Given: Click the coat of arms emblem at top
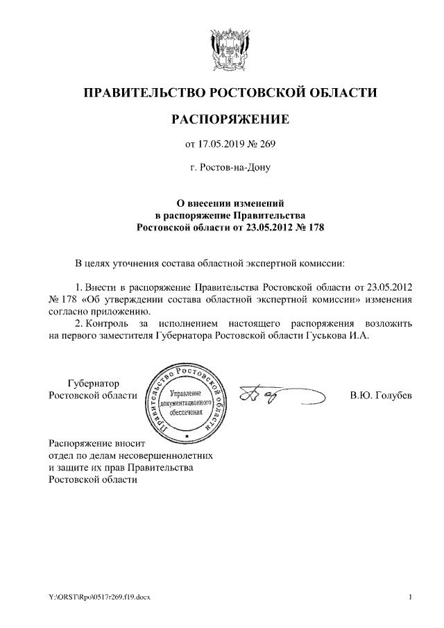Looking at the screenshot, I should [x=230, y=48].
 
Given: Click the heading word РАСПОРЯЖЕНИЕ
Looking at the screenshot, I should [x=230, y=121].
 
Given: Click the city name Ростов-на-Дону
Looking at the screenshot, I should [x=230, y=167].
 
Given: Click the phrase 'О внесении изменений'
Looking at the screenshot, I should [x=230, y=203].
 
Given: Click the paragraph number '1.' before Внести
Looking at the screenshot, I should [x=78, y=287].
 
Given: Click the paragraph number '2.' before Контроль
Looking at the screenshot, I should [x=78, y=323].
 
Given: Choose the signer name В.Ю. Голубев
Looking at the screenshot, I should [x=382, y=396].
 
